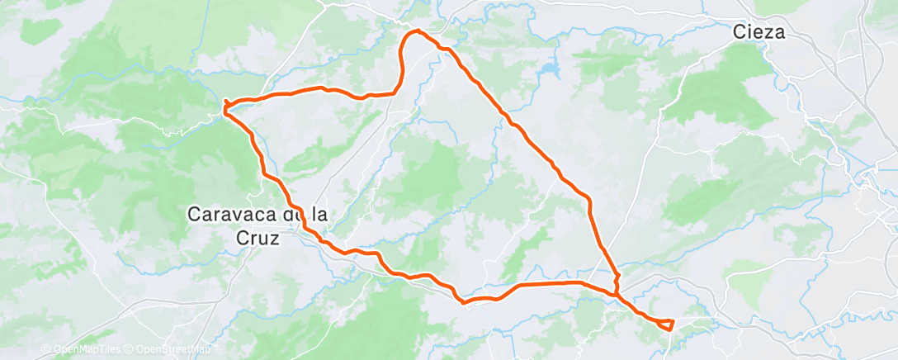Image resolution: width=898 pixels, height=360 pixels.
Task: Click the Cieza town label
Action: (759, 33)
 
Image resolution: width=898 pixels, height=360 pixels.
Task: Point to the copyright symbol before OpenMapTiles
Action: (45, 349)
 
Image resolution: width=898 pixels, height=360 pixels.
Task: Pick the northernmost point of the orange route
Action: (415, 31)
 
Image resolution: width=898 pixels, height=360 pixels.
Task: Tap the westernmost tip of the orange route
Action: (224, 104)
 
